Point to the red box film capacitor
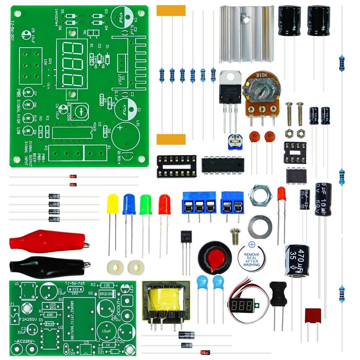pyautogui.click(x=312, y=316)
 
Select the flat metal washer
pyautogui.click(x=260, y=227)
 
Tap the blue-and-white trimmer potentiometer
pyautogui.click(x=235, y=142)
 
